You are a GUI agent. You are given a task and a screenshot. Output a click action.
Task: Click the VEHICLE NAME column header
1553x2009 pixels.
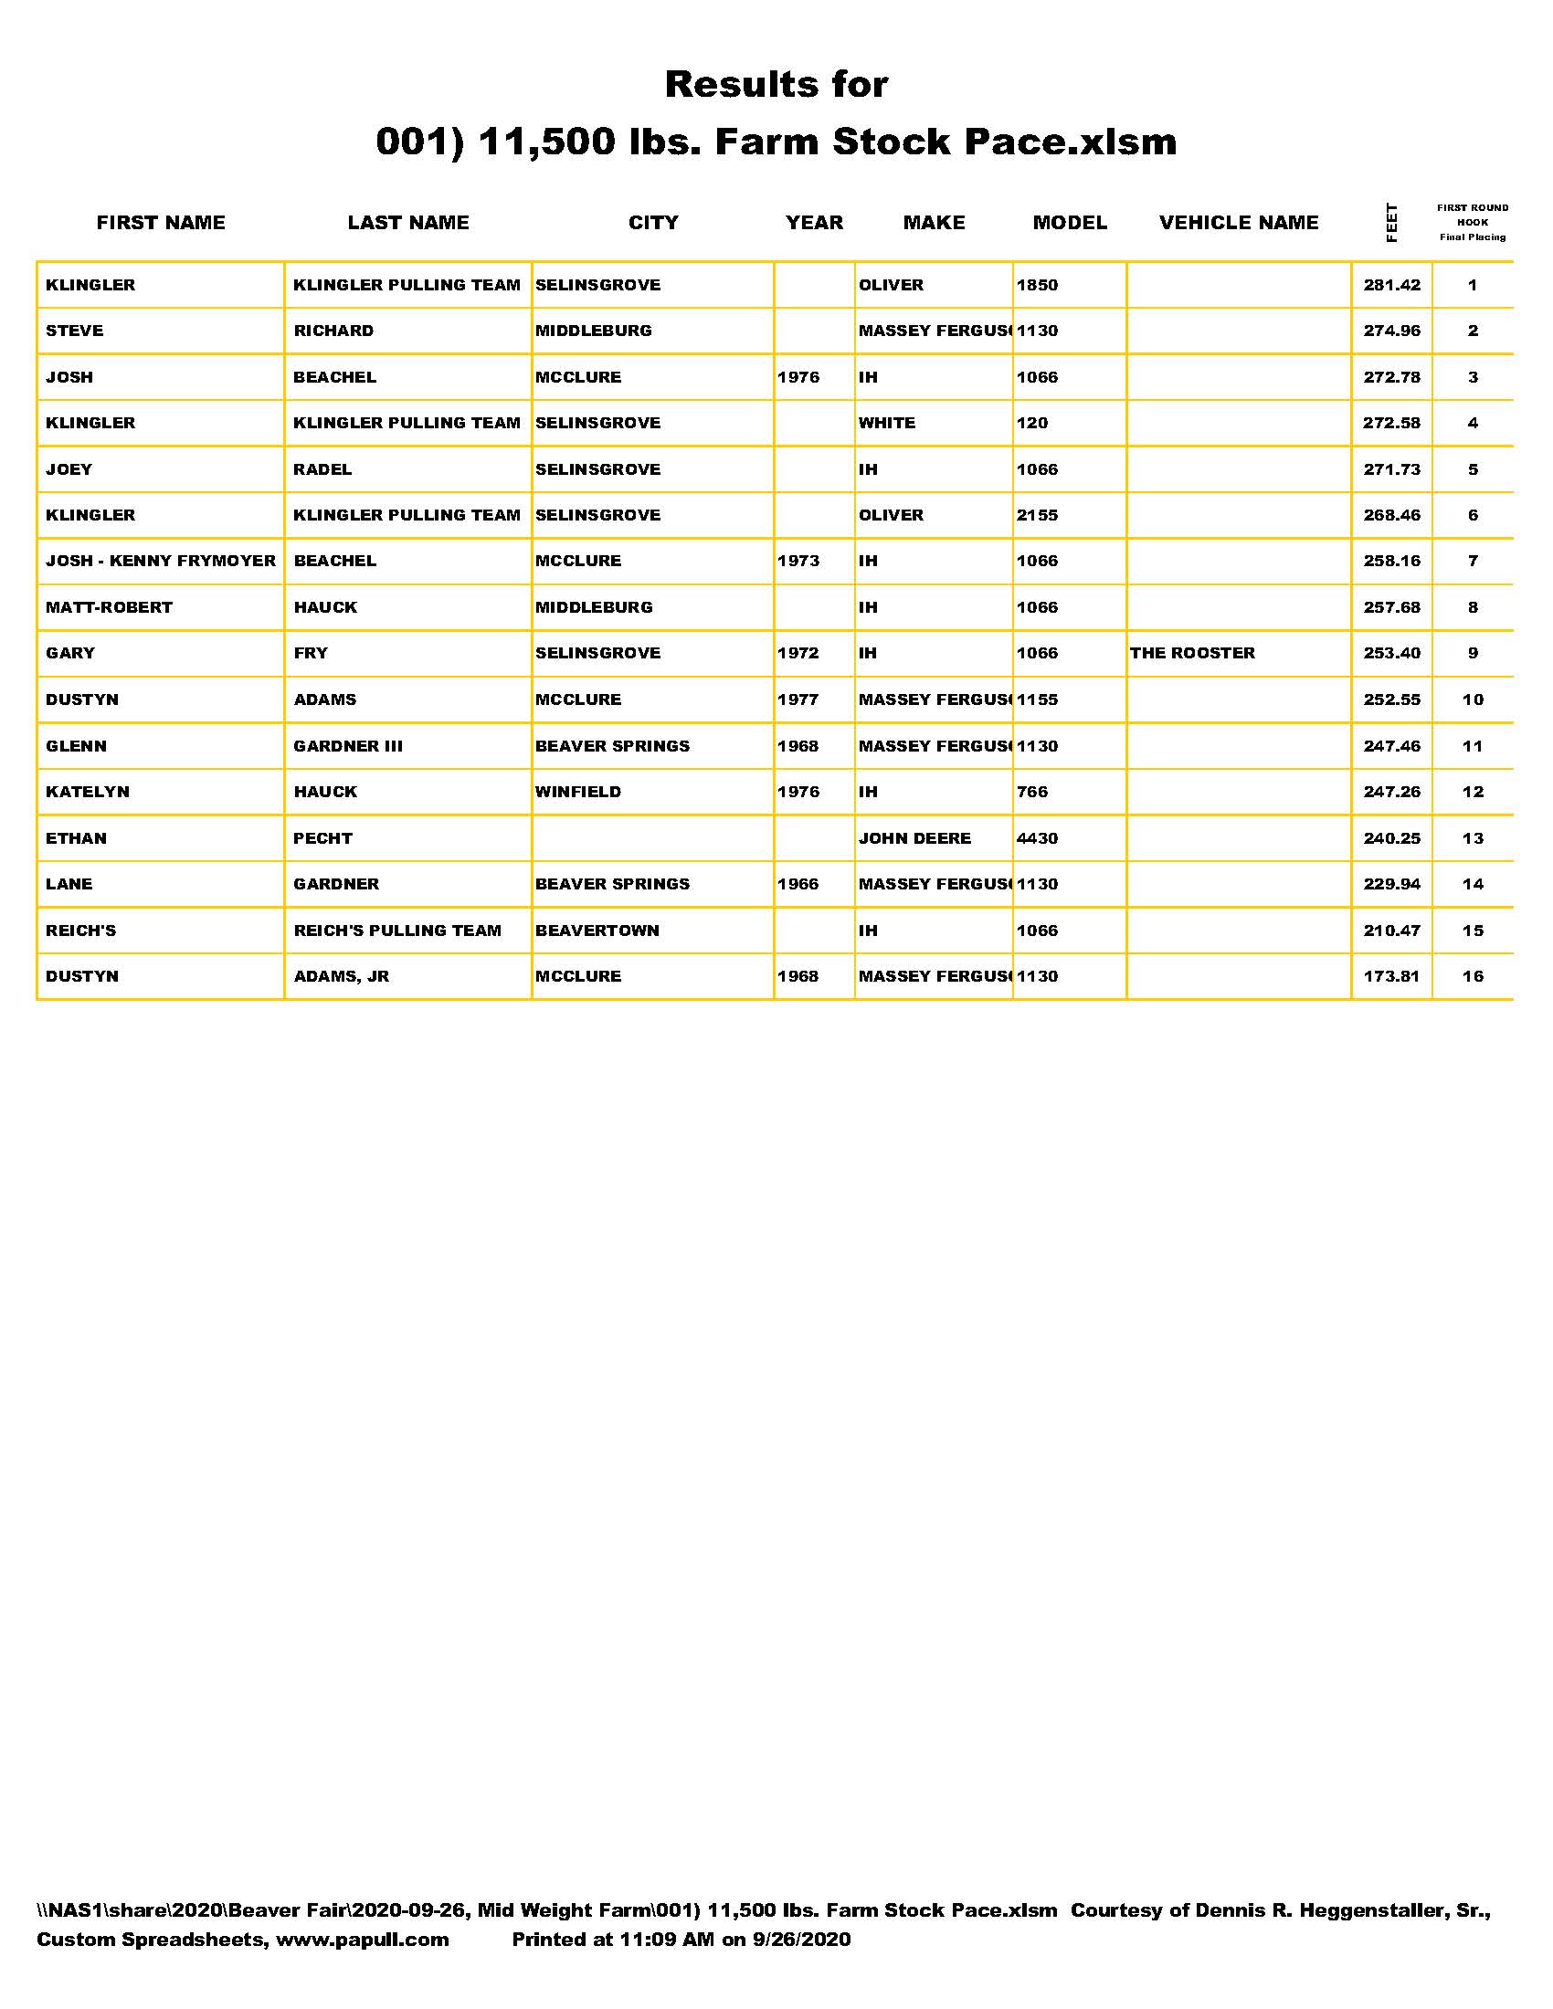click(x=1239, y=223)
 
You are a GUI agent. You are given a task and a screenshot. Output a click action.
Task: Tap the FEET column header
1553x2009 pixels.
click(x=1391, y=223)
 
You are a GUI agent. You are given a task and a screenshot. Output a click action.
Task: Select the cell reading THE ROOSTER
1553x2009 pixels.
click(x=1192, y=653)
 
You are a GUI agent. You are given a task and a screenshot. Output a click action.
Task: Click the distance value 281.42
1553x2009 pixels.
click(x=1391, y=285)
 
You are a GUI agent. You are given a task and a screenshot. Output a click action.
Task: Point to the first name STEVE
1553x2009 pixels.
click(x=75, y=331)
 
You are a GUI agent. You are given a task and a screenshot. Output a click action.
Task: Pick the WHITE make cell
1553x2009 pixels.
click(x=887, y=423)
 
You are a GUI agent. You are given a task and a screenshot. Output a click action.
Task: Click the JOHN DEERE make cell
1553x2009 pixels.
click(x=914, y=838)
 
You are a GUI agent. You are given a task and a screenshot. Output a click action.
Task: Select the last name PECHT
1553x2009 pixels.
click(x=322, y=838)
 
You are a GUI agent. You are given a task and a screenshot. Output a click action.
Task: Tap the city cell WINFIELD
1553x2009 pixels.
click(x=577, y=792)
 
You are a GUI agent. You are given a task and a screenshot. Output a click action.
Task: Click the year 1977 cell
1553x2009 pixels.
click(x=798, y=700)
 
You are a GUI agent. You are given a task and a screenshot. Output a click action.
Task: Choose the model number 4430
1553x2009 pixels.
click(x=1037, y=838)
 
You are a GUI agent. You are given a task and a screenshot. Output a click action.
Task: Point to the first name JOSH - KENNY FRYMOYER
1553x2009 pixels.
click(x=161, y=561)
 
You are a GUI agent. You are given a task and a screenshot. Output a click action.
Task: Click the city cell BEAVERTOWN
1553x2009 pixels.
click(x=597, y=930)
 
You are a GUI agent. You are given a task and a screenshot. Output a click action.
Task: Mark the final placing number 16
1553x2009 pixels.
click(x=1472, y=976)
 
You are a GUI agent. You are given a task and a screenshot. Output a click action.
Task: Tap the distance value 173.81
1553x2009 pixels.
click(x=1391, y=976)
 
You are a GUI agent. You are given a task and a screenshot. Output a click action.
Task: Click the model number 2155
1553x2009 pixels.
click(x=1037, y=515)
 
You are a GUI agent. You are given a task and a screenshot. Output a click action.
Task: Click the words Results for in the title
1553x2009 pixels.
click(x=776, y=85)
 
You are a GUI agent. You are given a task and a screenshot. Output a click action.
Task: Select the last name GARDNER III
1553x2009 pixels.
click(x=348, y=746)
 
